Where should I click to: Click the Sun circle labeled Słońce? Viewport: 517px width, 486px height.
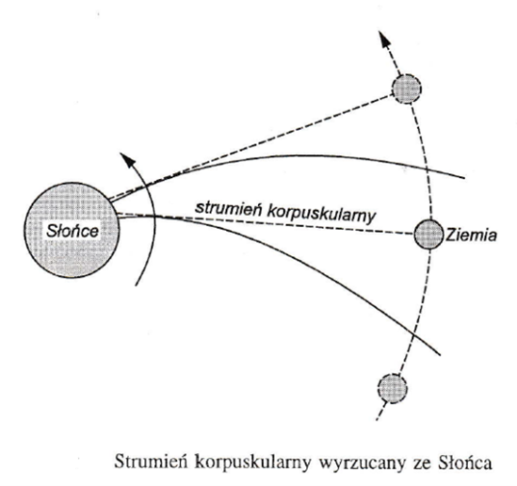pos(72,230)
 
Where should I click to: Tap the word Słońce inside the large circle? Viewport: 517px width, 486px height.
pos(73,231)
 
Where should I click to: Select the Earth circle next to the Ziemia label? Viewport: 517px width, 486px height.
pos(428,235)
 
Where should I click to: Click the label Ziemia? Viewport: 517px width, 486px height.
pos(471,235)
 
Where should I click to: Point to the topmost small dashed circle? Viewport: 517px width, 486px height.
pos(407,89)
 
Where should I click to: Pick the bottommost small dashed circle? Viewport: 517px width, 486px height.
pos(393,388)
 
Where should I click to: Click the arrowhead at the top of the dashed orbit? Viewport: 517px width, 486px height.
pos(384,39)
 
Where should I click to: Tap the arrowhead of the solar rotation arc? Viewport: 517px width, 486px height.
pos(128,160)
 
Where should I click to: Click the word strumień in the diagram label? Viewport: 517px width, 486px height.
pos(228,208)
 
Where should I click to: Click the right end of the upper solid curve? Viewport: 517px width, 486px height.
pos(464,178)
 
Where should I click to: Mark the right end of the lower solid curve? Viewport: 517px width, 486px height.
pos(440,355)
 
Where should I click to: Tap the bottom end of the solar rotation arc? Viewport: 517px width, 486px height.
pos(137,285)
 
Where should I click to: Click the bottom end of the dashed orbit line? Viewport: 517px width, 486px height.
pos(377,420)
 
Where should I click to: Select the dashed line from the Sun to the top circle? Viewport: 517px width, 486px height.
pos(250,148)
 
